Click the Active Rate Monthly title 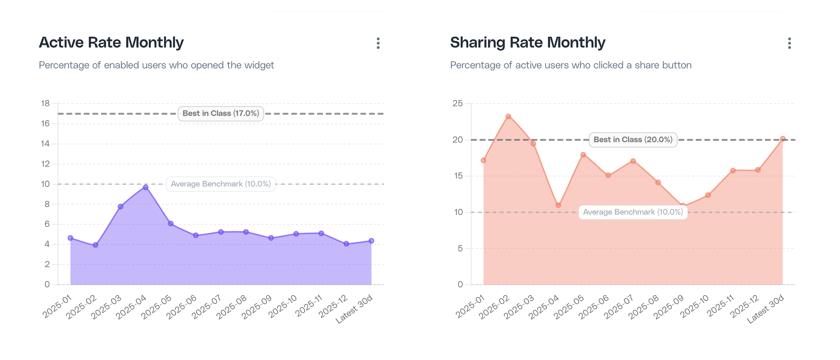pyautogui.click(x=111, y=42)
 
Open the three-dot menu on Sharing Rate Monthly pyautogui.click(x=789, y=43)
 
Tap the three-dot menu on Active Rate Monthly pyautogui.click(x=378, y=43)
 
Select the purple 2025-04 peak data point pyautogui.click(x=146, y=188)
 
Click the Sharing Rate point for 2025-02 pyautogui.click(x=508, y=117)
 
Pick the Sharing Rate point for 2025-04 pyautogui.click(x=558, y=205)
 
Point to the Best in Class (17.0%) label pyautogui.click(x=220, y=113)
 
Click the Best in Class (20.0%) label pyautogui.click(x=633, y=140)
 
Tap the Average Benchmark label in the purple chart pyautogui.click(x=220, y=184)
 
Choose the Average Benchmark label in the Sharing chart pyautogui.click(x=633, y=212)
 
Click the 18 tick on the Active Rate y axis pyautogui.click(x=45, y=104)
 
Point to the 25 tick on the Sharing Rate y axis pyautogui.click(x=457, y=104)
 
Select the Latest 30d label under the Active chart pyautogui.click(x=354, y=309)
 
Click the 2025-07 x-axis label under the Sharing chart pyautogui.click(x=618, y=307)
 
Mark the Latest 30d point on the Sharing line pyautogui.click(x=782, y=139)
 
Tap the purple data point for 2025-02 pyautogui.click(x=95, y=245)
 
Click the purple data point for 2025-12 pyautogui.click(x=346, y=244)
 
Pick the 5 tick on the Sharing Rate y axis pyautogui.click(x=460, y=248)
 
